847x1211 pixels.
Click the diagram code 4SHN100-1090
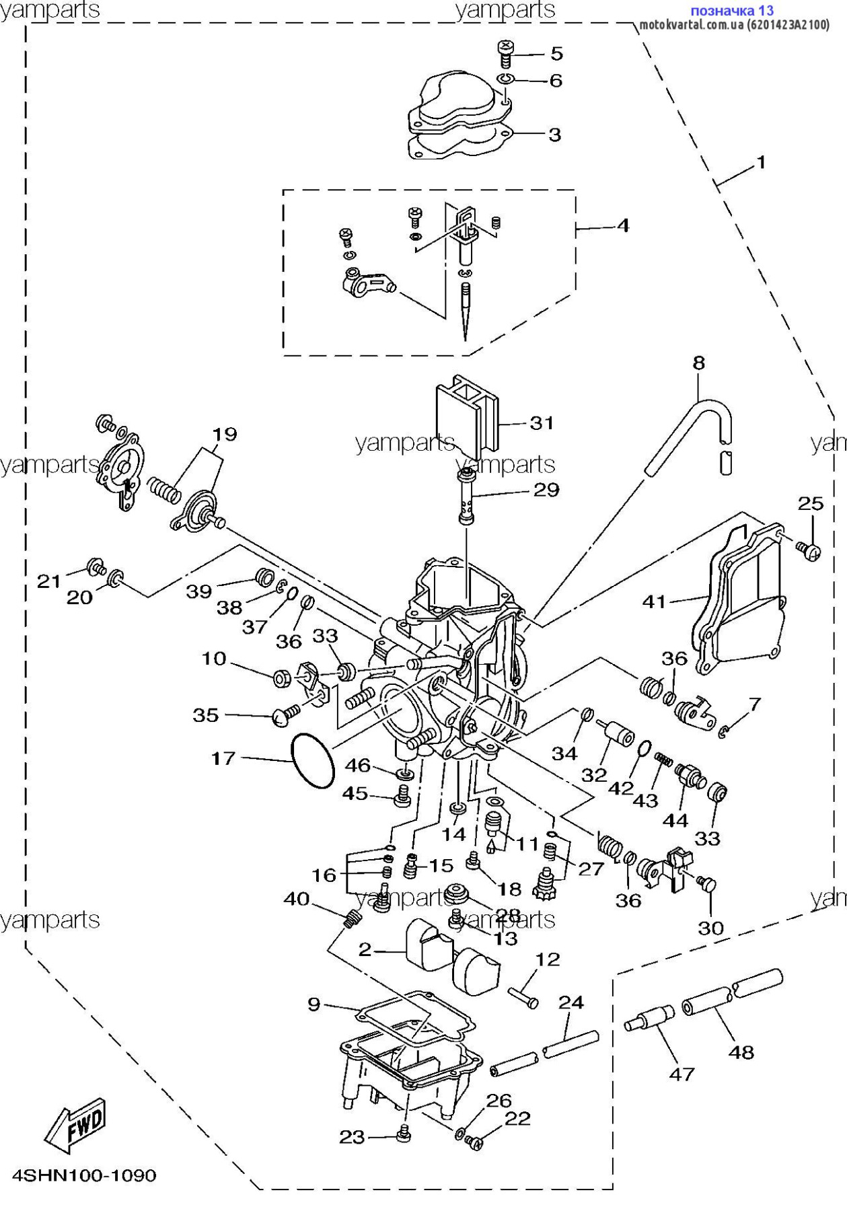85,1175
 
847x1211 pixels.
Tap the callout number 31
542,423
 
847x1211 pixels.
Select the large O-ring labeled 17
313,760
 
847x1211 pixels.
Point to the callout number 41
654,601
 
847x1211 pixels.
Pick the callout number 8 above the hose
699,363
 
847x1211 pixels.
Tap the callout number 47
682,1074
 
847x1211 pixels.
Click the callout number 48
741,1052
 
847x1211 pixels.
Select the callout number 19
225,434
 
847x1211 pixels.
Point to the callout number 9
314,1004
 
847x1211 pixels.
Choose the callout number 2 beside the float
365,949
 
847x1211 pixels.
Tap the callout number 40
297,899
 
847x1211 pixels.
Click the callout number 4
623,225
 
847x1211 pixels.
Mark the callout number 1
761,162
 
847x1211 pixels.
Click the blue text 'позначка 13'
732,11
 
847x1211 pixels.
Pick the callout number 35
206,714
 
